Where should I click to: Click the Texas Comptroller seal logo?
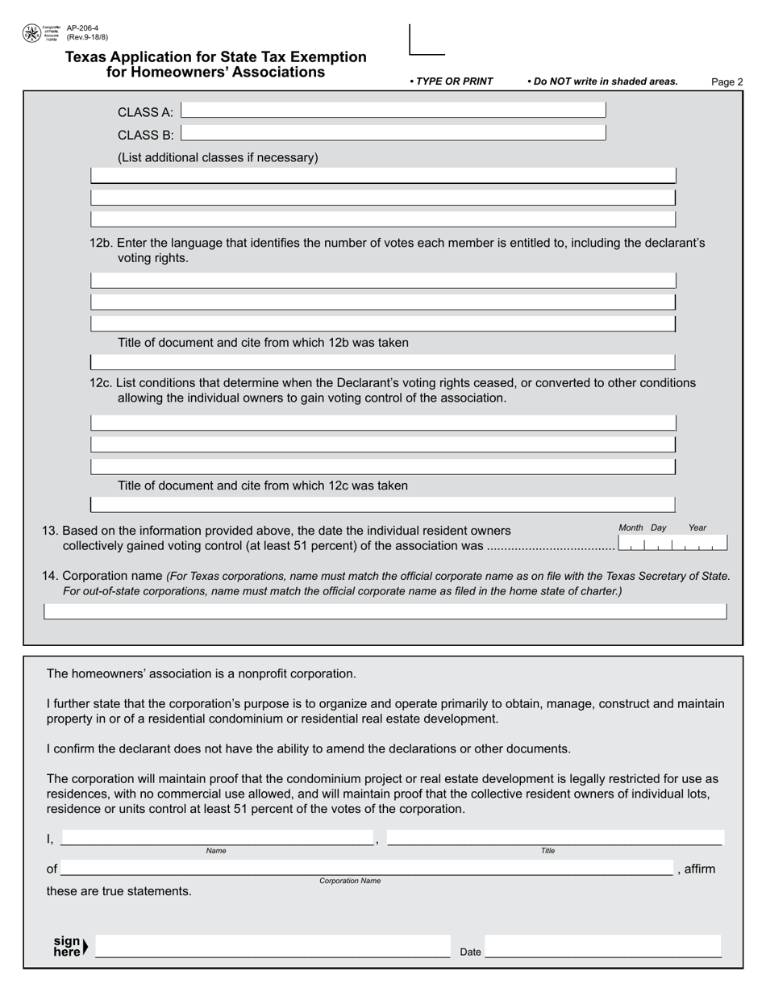[x=31, y=33]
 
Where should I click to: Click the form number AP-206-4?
[x=82, y=28]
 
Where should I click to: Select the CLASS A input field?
[x=393, y=110]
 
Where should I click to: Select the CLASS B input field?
[x=393, y=133]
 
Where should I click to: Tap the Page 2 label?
[x=726, y=81]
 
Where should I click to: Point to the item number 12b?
[x=102, y=243]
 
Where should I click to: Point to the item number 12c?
[x=102, y=382]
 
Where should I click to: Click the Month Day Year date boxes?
[x=672, y=543]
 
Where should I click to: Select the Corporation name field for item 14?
[x=385, y=611]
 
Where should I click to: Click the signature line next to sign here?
[x=272, y=947]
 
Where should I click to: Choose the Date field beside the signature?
[x=602, y=947]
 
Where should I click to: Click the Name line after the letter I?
[x=217, y=837]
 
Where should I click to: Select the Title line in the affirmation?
[x=555, y=837]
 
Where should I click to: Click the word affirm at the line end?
[x=699, y=869]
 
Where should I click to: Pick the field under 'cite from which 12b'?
[x=382, y=361]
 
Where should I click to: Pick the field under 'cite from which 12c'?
[x=382, y=505]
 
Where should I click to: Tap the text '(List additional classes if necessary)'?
[x=218, y=157]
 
